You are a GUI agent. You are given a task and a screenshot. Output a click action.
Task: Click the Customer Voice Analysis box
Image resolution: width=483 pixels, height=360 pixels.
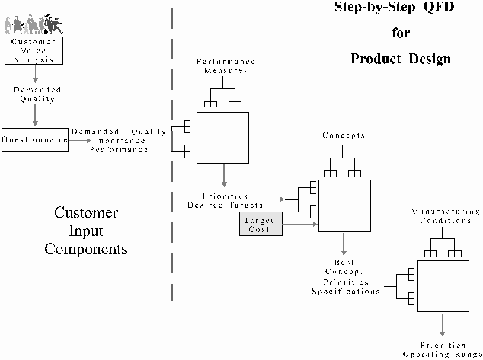click(33, 49)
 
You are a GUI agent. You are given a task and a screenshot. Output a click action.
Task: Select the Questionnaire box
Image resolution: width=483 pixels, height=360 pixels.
click(36, 140)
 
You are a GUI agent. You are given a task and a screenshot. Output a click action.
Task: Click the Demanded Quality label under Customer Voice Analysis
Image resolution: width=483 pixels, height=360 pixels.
click(34, 94)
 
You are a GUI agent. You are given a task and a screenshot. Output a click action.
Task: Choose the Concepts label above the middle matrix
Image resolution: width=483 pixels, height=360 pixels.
click(343, 135)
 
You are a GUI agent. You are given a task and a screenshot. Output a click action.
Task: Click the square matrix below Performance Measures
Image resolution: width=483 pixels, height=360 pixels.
click(223, 137)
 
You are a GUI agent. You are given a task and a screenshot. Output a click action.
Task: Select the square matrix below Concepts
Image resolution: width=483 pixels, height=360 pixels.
click(344, 206)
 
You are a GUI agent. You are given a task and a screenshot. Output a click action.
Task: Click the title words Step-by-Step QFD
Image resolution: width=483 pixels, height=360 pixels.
click(390, 8)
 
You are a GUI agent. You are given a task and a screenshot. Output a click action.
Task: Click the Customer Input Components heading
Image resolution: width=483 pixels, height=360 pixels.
click(85, 230)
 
